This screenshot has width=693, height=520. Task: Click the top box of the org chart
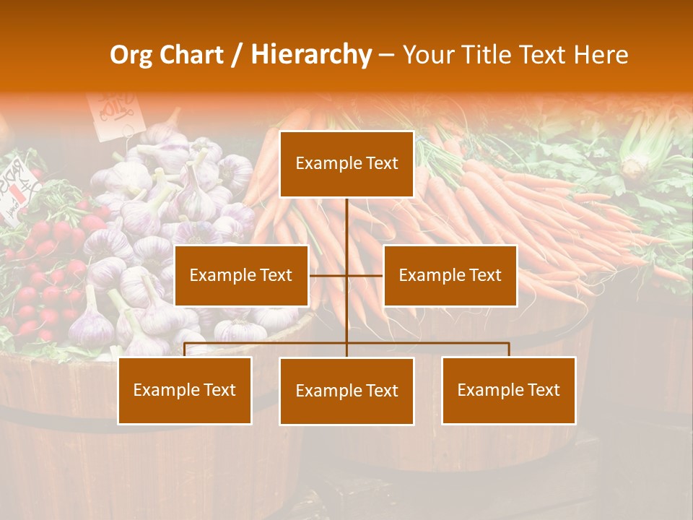[346, 164]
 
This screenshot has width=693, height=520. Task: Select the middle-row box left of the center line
[241, 275]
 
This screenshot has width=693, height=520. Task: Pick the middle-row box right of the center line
[450, 275]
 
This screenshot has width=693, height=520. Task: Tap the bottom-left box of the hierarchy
[185, 390]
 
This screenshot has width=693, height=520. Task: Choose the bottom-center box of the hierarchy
[346, 391]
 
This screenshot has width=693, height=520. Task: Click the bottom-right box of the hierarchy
[508, 390]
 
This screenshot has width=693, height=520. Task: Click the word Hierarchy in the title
[311, 54]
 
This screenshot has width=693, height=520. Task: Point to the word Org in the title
[131, 55]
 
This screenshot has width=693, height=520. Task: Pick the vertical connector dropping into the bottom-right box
[509, 350]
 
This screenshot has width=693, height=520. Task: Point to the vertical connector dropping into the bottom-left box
[185, 350]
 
